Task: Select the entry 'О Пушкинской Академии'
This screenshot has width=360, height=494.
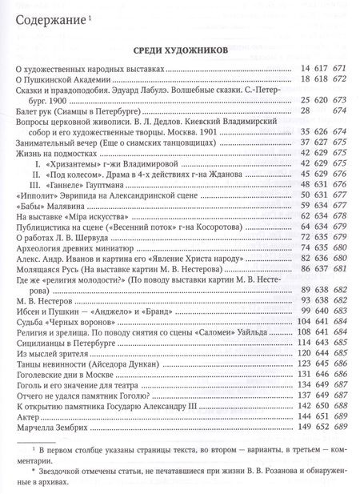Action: click(x=61, y=82)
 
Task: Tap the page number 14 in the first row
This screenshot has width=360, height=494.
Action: click(x=302, y=71)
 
